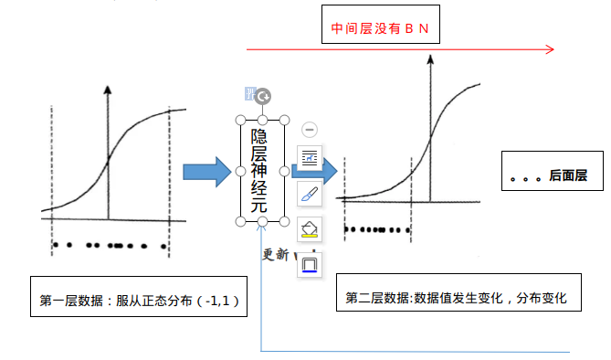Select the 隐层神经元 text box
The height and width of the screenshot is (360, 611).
click(x=262, y=171)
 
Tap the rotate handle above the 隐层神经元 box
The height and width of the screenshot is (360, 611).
click(x=263, y=96)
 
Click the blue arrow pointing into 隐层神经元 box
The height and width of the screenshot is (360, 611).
click(x=207, y=172)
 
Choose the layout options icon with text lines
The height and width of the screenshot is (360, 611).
click(x=310, y=158)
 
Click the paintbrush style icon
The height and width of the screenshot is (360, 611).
click(x=310, y=193)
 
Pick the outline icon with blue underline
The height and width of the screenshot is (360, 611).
click(x=310, y=263)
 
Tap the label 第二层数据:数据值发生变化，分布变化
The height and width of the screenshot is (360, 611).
click(x=458, y=298)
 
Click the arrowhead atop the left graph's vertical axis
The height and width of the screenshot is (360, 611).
click(x=109, y=90)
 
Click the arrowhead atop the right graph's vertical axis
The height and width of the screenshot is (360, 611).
click(x=429, y=59)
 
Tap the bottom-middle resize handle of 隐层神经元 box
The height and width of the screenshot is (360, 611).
click(x=263, y=222)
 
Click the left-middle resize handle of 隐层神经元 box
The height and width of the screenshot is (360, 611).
click(x=240, y=171)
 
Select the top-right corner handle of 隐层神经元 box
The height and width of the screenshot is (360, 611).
click(x=285, y=120)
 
